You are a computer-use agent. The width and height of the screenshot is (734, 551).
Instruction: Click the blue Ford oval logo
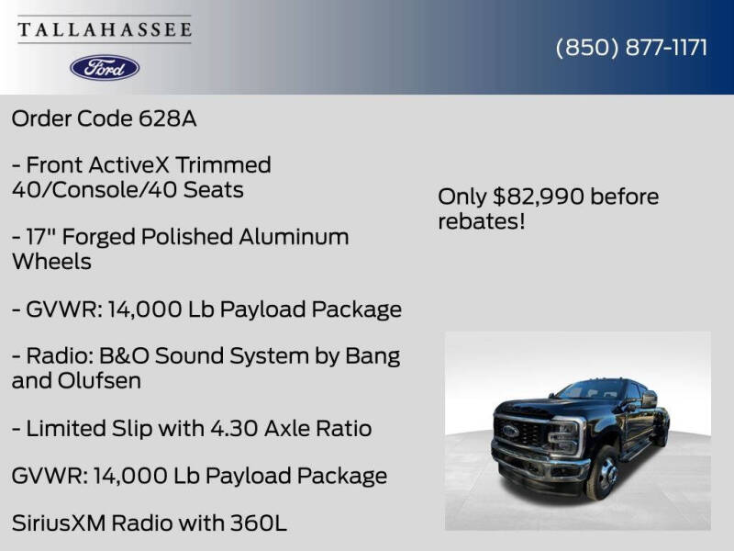coord(105,67)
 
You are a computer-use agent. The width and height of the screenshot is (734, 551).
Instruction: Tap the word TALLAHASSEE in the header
coord(105,29)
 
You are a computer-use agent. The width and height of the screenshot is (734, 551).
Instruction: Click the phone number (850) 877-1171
coord(631,48)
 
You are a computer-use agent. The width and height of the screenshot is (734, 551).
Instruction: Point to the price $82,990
coord(539,197)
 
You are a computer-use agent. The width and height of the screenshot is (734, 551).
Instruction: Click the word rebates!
coord(482,221)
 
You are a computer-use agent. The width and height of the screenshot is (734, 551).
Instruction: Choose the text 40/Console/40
coord(83,190)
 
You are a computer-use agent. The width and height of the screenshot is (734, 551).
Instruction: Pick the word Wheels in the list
coord(51,262)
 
